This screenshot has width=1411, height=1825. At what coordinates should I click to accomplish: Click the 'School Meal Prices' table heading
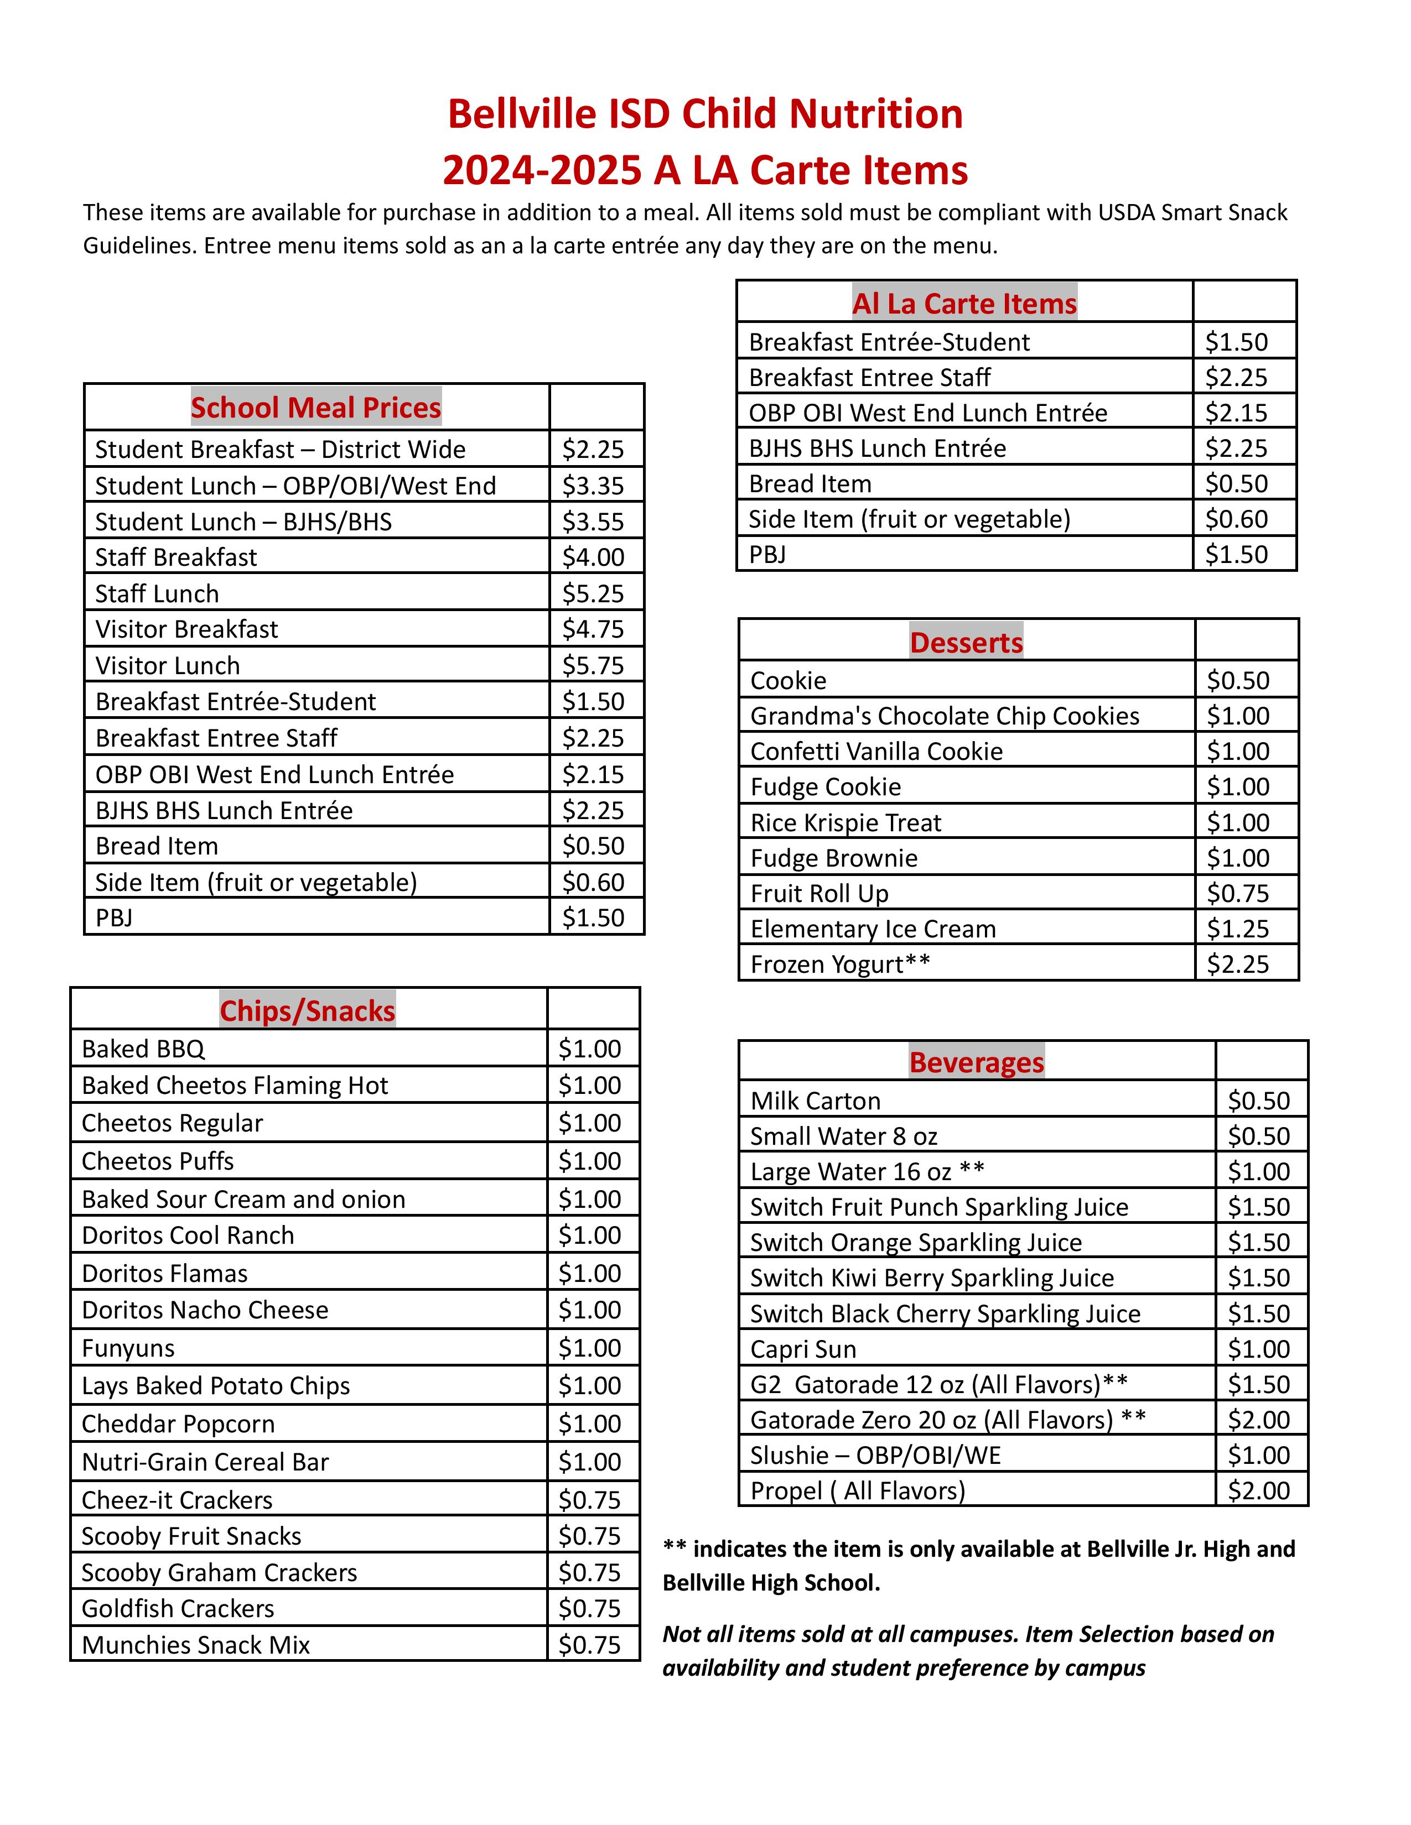coord(316,408)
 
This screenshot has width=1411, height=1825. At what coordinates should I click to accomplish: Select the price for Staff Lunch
coord(593,593)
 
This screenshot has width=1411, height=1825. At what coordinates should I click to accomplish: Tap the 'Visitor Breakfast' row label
coord(186,629)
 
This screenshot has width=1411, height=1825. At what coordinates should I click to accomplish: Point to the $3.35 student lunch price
coord(593,486)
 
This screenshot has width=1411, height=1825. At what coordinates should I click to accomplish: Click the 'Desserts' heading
coord(966,643)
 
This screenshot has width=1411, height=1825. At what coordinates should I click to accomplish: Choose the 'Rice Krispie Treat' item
coord(846,823)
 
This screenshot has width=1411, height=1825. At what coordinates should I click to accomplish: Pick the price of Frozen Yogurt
coord(1238,964)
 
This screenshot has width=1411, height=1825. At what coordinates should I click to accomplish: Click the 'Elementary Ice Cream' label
coord(873,929)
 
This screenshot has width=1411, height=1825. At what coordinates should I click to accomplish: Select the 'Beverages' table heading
coord(976,1062)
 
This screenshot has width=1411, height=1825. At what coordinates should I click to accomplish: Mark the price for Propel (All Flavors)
coord(1259,1491)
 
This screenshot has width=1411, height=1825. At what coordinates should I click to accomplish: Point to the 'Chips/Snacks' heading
coord(308,1011)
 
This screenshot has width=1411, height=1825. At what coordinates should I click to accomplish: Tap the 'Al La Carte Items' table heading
coord(964,303)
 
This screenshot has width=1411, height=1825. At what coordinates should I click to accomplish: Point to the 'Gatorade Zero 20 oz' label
coord(931,1420)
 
